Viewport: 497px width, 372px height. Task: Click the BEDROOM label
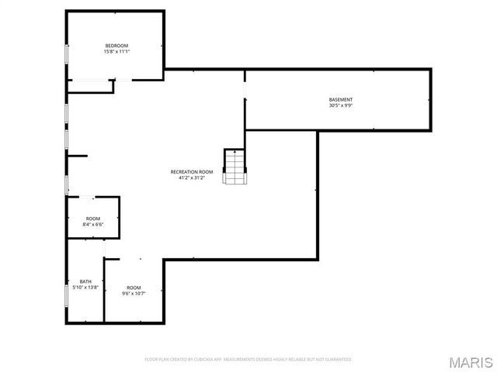116,46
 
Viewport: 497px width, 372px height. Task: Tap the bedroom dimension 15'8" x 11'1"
116,52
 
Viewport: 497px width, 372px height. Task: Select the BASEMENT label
341,99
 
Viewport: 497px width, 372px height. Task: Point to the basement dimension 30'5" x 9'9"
341,105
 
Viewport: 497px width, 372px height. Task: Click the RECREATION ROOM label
192,171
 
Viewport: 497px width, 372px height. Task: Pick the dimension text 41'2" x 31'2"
192,177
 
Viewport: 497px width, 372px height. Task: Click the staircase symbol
235,166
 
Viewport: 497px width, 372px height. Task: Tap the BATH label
85,281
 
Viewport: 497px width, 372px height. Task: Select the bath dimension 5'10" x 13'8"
85,288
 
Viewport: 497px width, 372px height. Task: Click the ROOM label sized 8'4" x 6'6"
93,219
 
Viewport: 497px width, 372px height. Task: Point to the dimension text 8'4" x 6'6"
93,225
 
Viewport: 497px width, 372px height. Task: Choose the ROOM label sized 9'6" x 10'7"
134,288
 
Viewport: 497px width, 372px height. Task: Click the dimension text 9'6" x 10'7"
134,294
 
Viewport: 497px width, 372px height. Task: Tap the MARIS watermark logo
469,362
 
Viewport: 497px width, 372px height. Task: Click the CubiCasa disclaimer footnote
248,360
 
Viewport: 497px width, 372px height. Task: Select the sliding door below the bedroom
92,80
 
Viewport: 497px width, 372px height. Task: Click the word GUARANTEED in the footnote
338,360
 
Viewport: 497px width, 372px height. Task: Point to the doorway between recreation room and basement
245,92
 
